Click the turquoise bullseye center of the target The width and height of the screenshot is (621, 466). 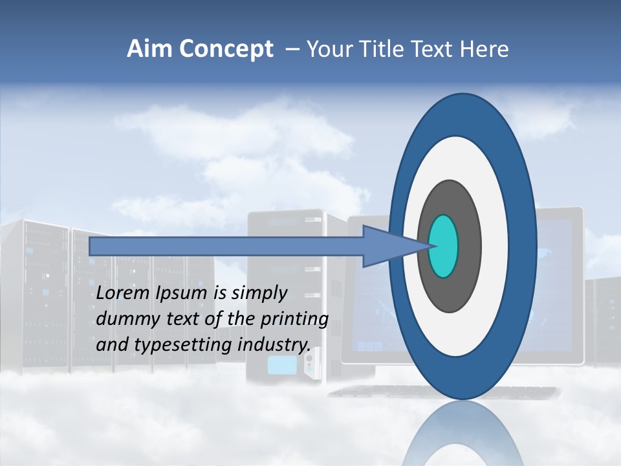444,247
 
